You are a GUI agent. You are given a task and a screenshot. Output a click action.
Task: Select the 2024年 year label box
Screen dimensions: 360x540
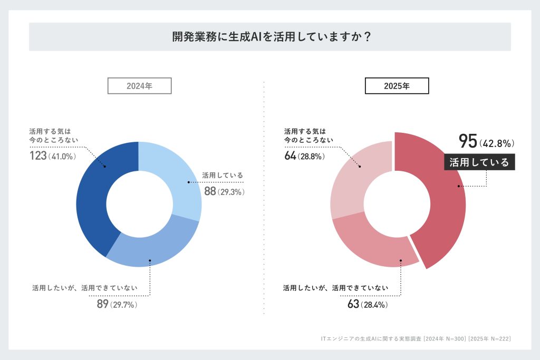click(139, 86)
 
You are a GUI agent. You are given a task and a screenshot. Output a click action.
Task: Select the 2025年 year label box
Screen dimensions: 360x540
click(397, 86)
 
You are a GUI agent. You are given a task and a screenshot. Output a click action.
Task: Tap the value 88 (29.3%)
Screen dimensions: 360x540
click(224, 192)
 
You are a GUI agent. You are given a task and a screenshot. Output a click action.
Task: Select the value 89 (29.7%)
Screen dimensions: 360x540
click(117, 304)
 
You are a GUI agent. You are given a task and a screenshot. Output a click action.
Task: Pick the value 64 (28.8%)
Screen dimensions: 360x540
click(303, 156)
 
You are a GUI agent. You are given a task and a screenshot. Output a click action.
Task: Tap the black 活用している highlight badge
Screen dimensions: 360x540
click(479, 162)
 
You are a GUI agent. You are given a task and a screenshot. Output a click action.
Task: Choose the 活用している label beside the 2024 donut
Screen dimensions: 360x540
click(222, 176)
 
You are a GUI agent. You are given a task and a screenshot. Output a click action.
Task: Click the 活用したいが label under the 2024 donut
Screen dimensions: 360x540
click(84, 288)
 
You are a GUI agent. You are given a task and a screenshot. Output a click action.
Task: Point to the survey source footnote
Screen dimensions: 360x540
click(416, 338)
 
